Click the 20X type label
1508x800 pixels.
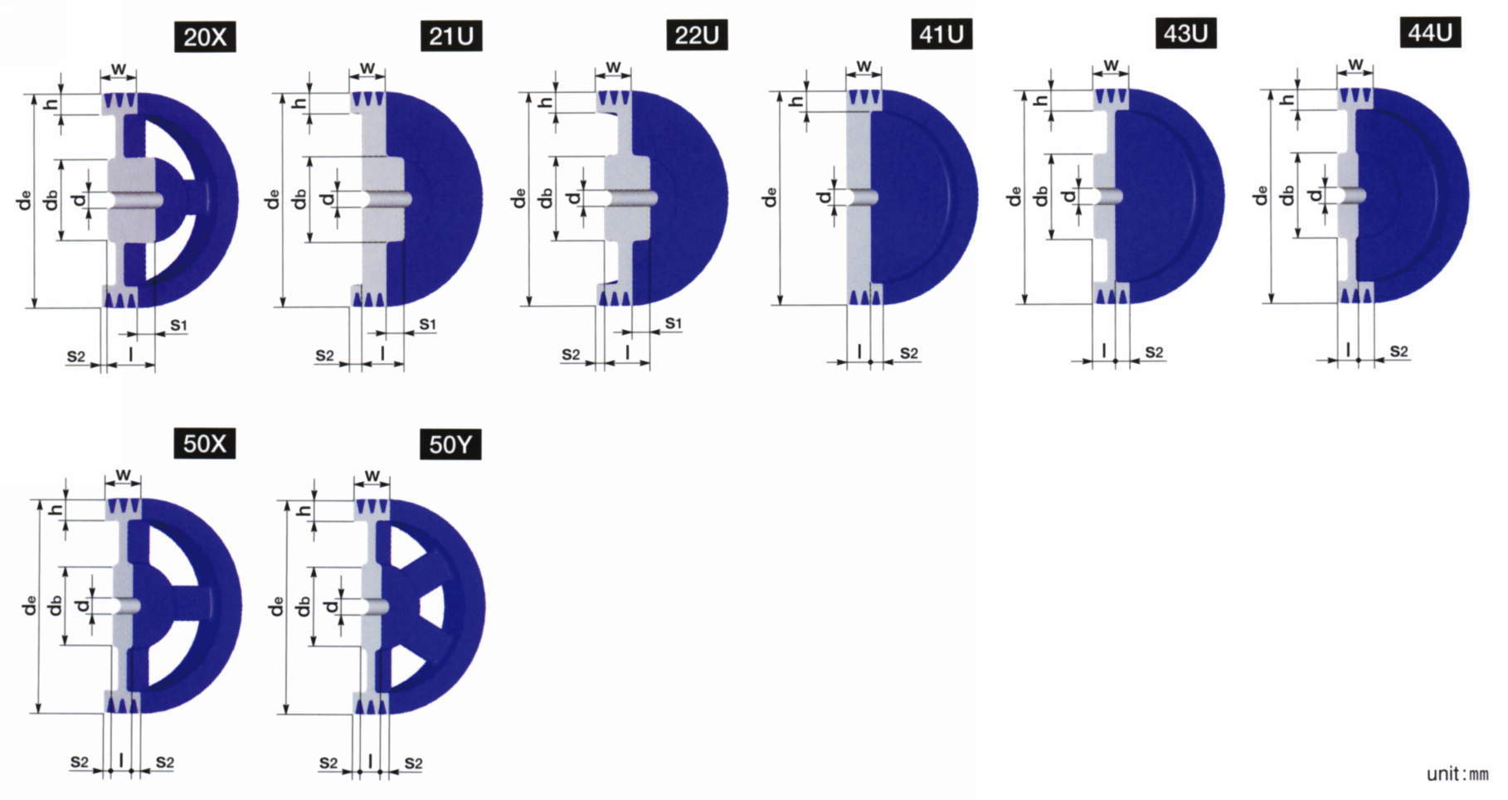(x=205, y=37)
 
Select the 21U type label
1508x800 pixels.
(x=450, y=36)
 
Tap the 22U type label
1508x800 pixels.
(x=697, y=36)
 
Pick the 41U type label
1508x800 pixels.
(x=941, y=35)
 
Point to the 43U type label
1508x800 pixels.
(x=1185, y=34)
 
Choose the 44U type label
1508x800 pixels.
(x=1430, y=32)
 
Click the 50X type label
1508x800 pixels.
(x=204, y=444)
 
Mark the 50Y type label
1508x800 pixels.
(x=450, y=445)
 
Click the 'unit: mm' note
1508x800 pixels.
(x=1457, y=774)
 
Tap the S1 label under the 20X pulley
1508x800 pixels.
(x=178, y=325)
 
